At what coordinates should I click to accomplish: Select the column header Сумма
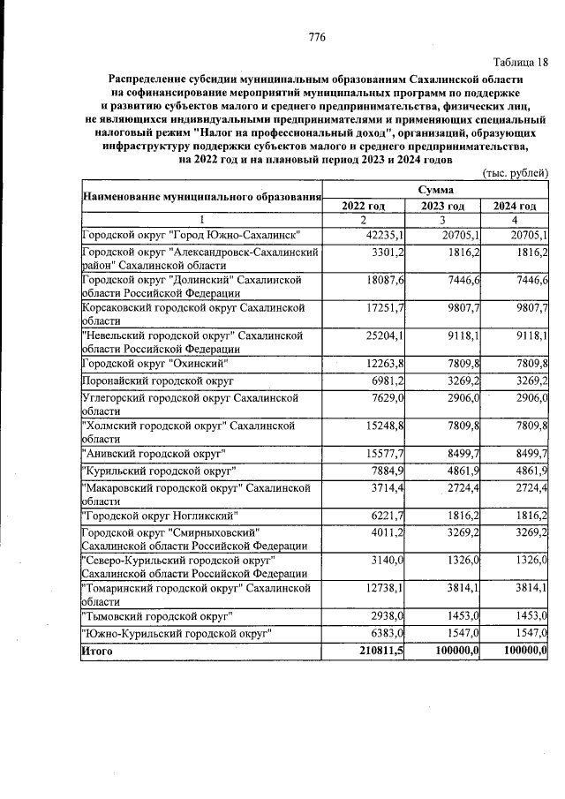[x=437, y=190]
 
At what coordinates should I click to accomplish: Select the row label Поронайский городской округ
[x=157, y=381]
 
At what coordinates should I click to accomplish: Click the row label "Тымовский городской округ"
[x=156, y=614]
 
